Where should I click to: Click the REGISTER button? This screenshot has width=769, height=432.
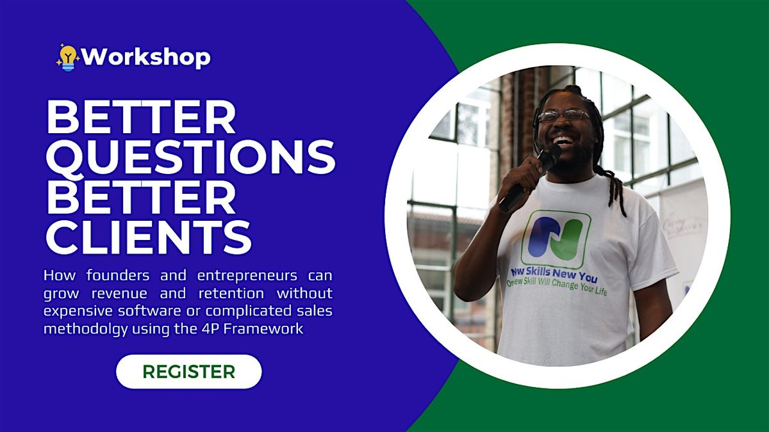[189, 372]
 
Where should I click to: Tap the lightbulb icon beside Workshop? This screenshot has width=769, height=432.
[67, 58]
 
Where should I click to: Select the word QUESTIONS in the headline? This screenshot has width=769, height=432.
[190, 157]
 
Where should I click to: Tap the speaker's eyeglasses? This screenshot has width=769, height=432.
[563, 115]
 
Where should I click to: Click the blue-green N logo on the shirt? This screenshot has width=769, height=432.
[556, 239]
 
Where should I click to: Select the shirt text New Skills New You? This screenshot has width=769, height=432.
[554, 275]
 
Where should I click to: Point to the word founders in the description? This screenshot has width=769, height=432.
[118, 275]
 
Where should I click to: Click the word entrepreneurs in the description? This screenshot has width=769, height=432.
[247, 275]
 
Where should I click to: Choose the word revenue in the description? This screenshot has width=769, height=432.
[119, 294]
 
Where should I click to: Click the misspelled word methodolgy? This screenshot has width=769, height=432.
[85, 329]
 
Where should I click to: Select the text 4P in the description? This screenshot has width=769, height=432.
[209, 329]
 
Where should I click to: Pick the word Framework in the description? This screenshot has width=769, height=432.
[263, 329]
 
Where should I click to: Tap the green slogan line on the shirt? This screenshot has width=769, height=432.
[556, 287]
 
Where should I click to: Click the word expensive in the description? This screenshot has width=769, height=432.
[78, 311]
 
